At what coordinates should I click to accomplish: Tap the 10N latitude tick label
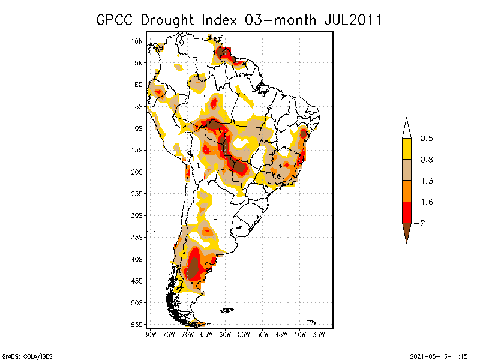coord(137,41)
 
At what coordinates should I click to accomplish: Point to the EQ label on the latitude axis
coord(138,85)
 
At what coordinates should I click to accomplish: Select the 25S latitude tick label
coord(137,193)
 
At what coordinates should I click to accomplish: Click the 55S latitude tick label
coord(137,324)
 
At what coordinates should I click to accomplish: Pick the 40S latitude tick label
coord(137,259)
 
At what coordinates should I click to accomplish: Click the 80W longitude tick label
coord(150,334)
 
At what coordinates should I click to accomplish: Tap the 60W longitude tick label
coord(226,334)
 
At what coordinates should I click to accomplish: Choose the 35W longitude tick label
coord(319,334)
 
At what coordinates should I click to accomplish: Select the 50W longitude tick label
coord(263,334)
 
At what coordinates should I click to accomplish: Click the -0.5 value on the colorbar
coord(425,139)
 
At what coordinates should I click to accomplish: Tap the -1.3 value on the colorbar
coord(425,181)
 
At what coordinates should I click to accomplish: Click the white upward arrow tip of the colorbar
coord(406,128)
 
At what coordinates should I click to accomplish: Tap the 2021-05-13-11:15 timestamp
coord(438,356)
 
